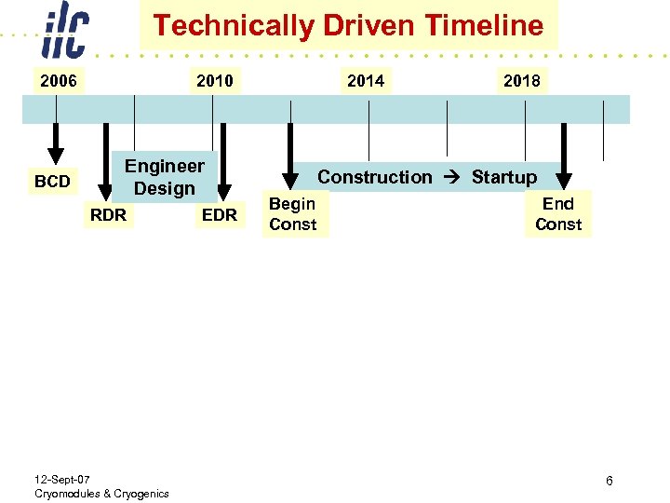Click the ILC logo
click(64, 34)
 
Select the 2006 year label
click(58, 81)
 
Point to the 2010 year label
click(215, 81)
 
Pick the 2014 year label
click(366, 81)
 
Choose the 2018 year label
click(521, 81)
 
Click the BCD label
click(52, 182)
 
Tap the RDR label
click(108, 216)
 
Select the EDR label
click(220, 216)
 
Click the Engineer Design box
click(165, 177)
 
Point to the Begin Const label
click(292, 214)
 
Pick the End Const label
click(558, 214)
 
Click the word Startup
click(503, 177)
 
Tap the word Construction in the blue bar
click(375, 177)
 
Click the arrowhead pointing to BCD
click(56, 155)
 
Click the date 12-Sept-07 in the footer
click(62, 479)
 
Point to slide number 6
click(609, 481)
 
